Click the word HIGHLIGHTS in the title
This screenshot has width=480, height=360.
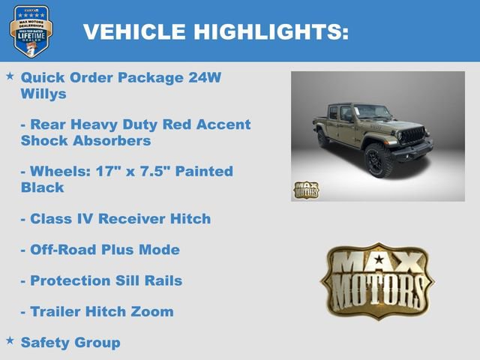pos(271,31)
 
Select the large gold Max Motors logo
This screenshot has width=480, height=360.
pos(377,280)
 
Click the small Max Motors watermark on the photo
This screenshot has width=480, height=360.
pos(306,190)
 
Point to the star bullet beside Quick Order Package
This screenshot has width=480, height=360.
pos(10,76)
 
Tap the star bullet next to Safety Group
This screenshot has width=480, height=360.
pos(10,340)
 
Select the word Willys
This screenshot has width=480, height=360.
pos(43,94)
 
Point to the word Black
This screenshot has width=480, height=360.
pos(42,187)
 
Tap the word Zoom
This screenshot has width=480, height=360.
pos(151,311)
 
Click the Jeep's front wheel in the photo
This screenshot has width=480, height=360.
pos(379,160)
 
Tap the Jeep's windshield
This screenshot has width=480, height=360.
pos(373,113)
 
